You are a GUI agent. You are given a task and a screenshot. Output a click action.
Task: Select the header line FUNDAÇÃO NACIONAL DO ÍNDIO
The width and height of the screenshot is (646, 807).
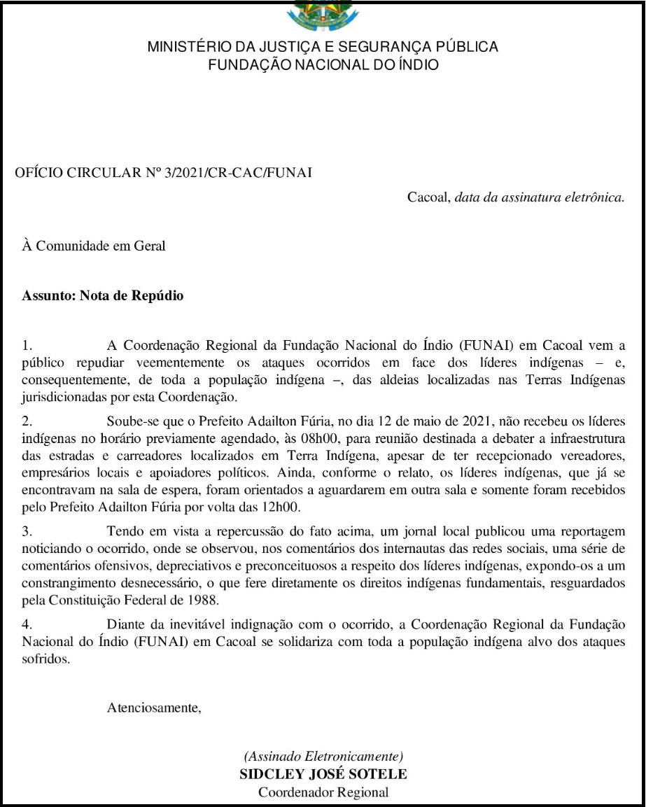click(x=323, y=65)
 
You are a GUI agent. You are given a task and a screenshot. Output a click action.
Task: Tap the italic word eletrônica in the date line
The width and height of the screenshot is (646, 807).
click(x=592, y=197)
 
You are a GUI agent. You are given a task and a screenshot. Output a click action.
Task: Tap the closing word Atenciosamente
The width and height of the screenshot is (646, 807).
click(x=154, y=708)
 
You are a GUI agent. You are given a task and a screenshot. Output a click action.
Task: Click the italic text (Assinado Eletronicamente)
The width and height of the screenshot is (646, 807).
click(x=323, y=757)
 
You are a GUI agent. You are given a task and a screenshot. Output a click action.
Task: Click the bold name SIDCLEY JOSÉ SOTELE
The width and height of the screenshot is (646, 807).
click(x=323, y=774)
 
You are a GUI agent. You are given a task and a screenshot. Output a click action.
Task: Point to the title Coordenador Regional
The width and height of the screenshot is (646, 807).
click(x=323, y=792)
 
